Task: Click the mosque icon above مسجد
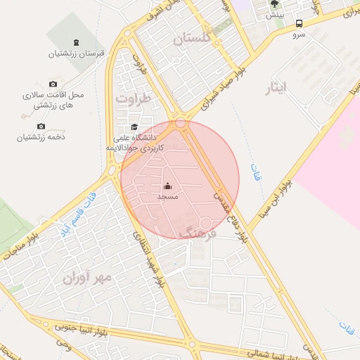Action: click(167, 186)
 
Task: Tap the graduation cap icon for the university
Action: click(134, 127)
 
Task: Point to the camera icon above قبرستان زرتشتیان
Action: click(77, 43)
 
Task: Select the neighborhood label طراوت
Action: click(134, 99)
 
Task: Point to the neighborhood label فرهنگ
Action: click(197, 231)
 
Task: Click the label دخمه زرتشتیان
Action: click(41, 138)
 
